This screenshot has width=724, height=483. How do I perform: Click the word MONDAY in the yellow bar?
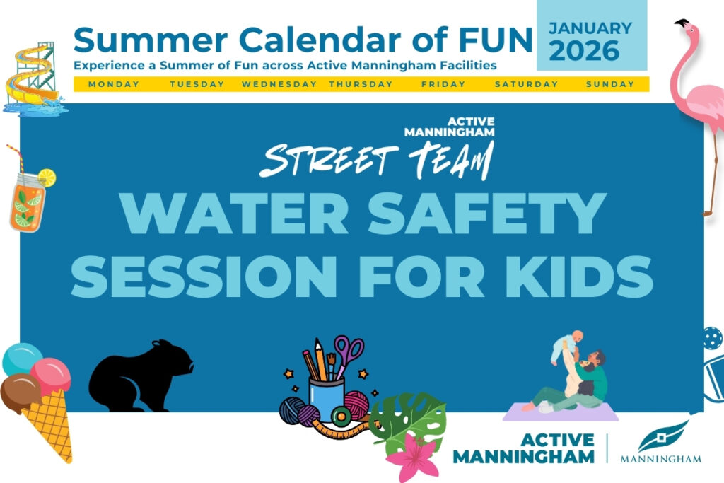coord(114,84)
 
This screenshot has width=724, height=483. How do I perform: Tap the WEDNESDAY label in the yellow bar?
coord(279,84)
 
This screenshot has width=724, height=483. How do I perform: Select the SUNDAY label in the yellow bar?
coord(610,84)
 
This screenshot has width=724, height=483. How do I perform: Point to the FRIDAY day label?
coord(443,84)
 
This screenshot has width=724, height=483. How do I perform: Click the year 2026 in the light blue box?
coord(584,51)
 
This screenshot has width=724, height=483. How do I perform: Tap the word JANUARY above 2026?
coord(590,28)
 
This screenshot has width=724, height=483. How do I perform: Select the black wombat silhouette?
coord(141,376)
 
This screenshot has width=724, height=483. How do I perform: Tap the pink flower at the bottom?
coord(413,457)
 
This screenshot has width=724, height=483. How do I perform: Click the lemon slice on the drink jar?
coord(47,178)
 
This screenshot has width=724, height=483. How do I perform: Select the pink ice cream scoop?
coord(51,376)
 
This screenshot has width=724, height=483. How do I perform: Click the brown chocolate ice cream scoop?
coord(20,393)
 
